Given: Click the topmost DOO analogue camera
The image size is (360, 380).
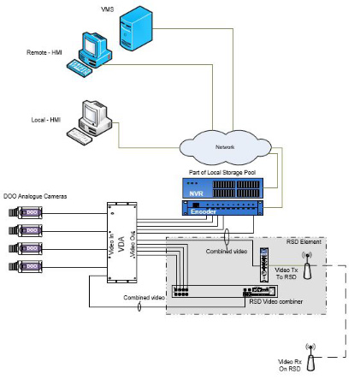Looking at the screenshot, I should point(22,210).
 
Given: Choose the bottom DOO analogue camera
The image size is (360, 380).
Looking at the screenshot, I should point(22,269).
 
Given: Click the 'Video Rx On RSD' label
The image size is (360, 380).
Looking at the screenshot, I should point(281,365).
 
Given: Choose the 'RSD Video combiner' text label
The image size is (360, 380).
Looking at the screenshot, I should point(272,302).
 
